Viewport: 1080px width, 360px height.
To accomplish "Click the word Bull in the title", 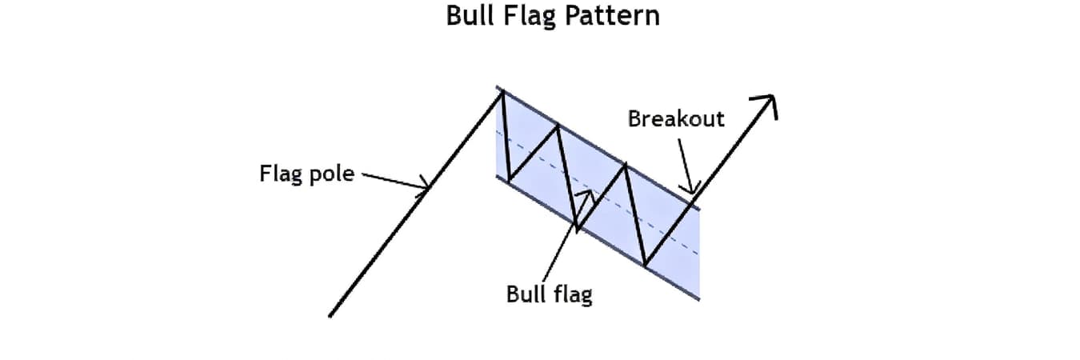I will tap(469, 16).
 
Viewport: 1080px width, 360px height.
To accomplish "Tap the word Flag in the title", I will tap(526, 16).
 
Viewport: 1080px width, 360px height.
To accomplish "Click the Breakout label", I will tap(676, 119).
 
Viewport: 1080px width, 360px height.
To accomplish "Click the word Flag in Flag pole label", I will tap(278, 173).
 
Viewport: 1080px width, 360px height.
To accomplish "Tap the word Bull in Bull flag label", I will tap(525, 294).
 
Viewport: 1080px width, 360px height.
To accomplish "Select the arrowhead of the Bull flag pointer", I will tap(588, 194).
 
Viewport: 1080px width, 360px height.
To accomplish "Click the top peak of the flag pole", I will tap(502, 93).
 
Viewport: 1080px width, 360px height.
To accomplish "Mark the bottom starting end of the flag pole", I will tap(330, 317).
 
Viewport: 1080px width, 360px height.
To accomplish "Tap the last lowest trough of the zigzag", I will tap(645, 265).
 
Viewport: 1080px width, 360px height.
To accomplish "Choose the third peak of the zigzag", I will tap(626, 165).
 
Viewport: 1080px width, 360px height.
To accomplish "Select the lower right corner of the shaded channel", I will tap(699, 299).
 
